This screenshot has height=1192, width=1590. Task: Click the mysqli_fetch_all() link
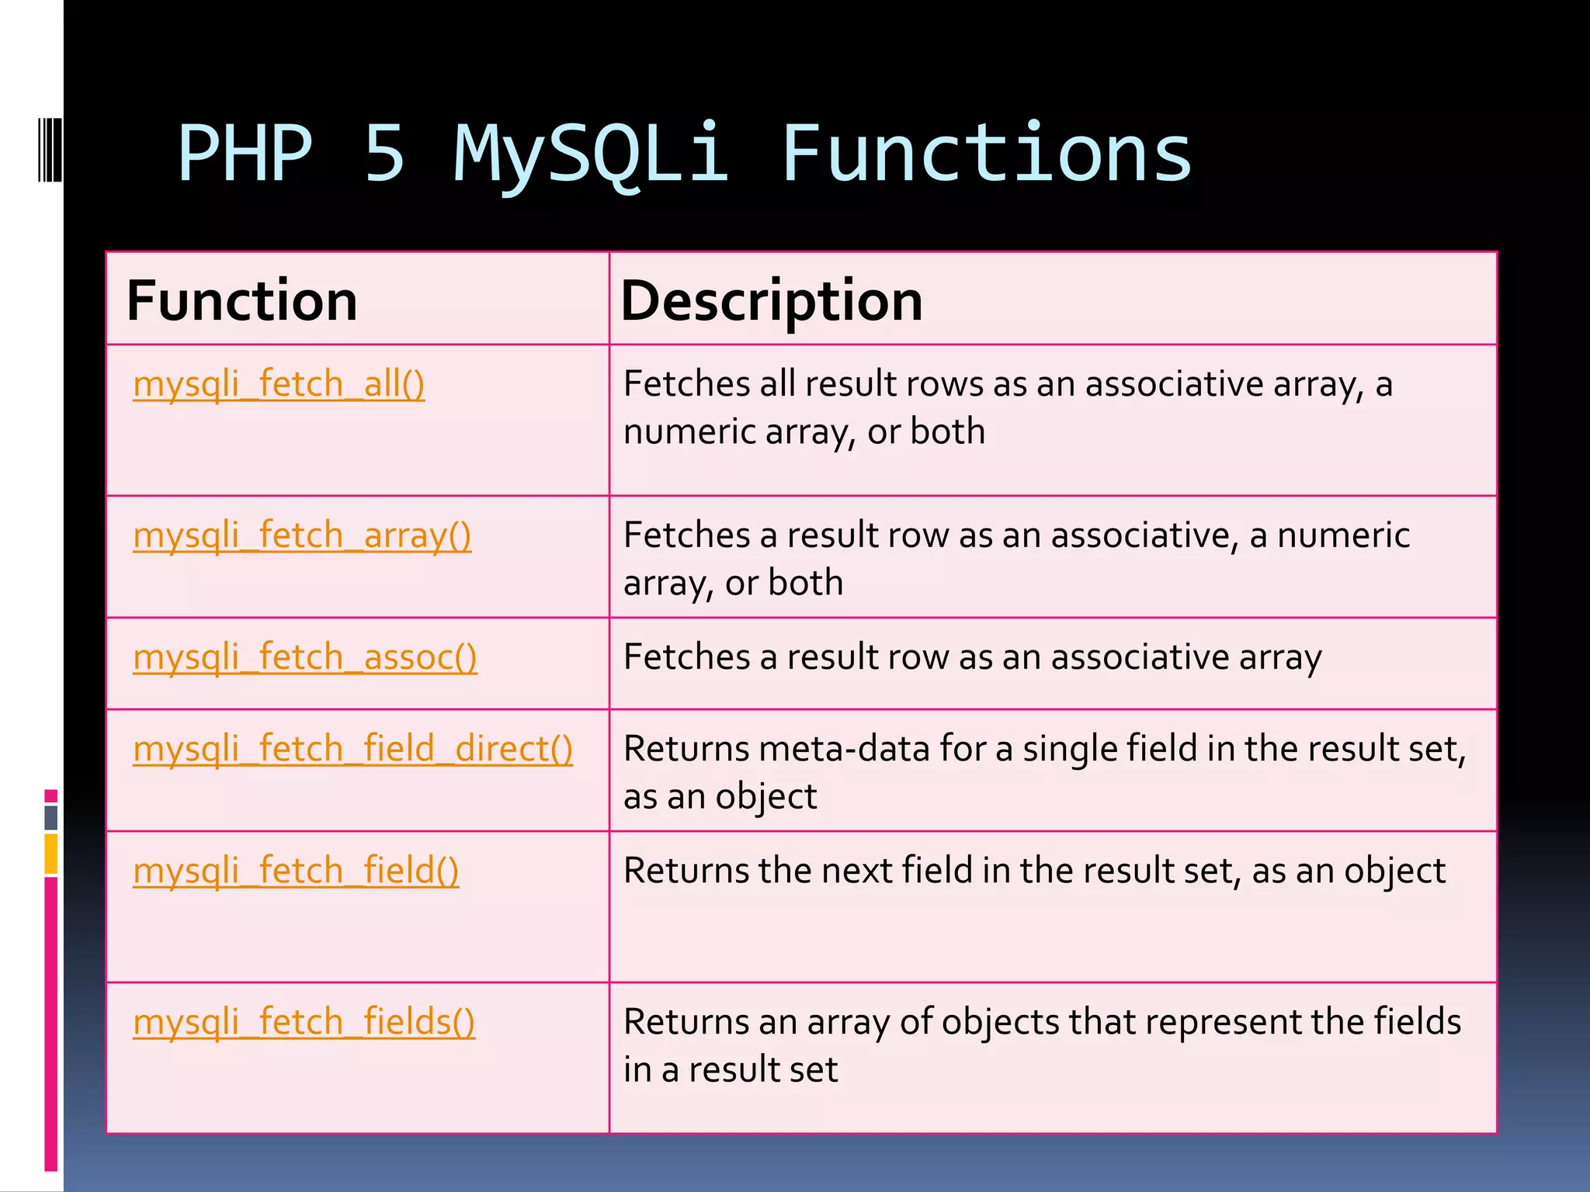279,384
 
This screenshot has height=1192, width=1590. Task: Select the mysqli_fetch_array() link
302,535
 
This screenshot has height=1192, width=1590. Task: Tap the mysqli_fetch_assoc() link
305,657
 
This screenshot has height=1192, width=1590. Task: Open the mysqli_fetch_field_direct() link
353,749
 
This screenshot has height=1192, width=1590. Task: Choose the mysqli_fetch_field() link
296,871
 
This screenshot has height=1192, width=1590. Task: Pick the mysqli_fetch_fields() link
304,1022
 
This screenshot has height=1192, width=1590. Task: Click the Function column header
241,301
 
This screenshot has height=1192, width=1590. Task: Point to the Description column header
772,301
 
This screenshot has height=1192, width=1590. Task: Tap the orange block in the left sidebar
51,854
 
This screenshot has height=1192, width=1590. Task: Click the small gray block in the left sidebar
51,817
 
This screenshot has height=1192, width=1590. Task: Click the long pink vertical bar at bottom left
51,1024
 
